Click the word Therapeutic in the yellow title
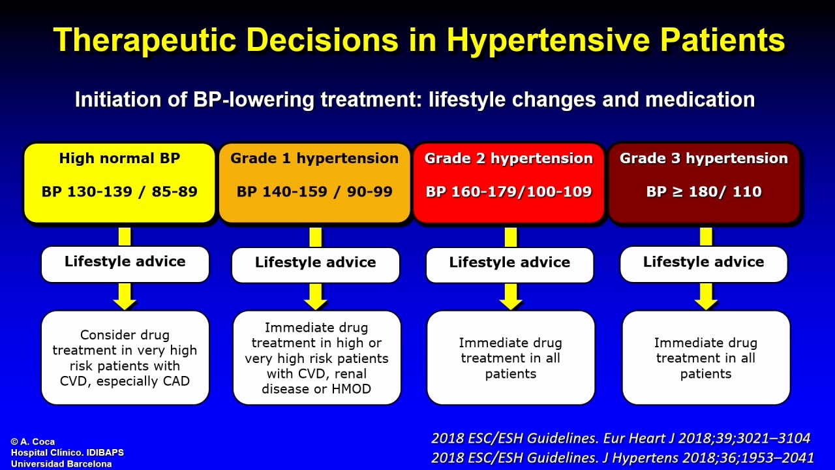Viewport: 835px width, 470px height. [145, 40]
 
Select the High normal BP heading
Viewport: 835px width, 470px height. [119, 158]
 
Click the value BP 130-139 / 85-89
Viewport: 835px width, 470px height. [119, 191]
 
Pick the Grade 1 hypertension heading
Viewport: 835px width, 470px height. [314, 158]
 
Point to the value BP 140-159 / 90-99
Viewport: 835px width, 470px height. [314, 191]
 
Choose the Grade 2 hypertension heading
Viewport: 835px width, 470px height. [509, 158]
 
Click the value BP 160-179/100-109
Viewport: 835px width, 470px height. [509, 191]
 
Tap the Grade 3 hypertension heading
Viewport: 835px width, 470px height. [704, 158]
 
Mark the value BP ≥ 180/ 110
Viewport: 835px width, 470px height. [704, 191]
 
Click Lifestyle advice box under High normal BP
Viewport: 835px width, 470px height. [125, 264]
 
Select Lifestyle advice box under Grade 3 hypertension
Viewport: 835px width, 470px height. [704, 264]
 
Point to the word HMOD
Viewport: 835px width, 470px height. [351, 389]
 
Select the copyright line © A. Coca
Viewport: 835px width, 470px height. [33, 442]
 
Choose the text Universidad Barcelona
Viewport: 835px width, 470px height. [61, 464]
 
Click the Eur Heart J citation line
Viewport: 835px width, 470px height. [620, 438]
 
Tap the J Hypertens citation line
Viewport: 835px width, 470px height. [622, 458]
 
